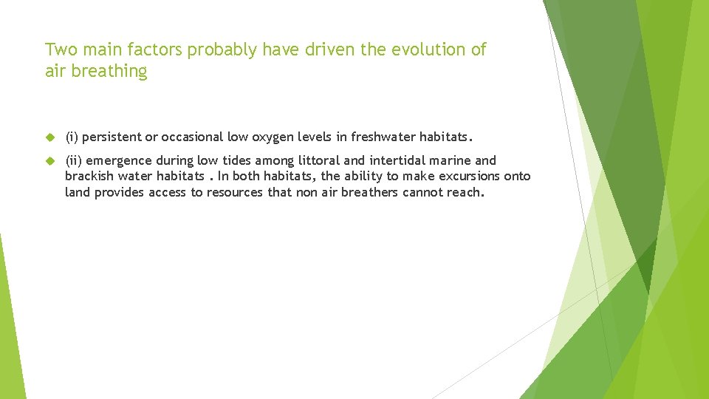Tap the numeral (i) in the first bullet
click(x=72, y=137)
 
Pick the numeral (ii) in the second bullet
click(x=74, y=160)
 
